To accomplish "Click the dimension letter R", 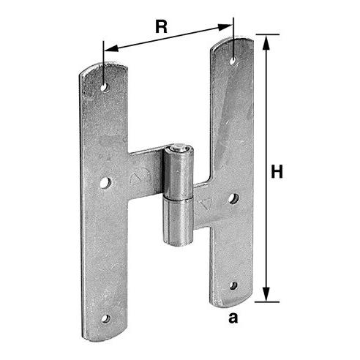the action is (162, 26).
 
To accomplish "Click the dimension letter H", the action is (277, 171).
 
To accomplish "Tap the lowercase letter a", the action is (233, 318).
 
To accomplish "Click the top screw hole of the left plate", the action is (105, 87).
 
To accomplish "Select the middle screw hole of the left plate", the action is (105, 182).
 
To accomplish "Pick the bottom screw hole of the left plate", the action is (105, 318).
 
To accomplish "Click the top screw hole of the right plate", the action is (233, 61).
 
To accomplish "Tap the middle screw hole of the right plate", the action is (233, 198).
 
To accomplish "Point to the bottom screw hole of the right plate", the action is (233, 285).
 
